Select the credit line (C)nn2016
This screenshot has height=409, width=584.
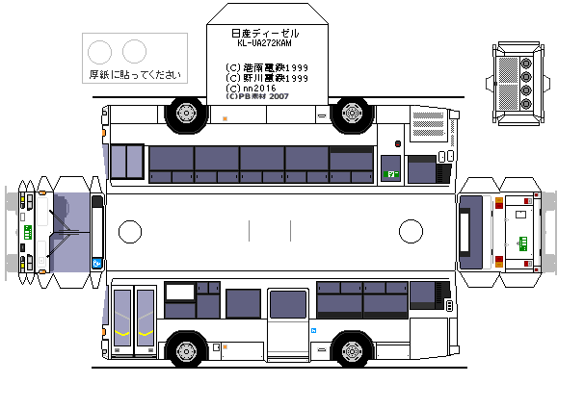(x=252, y=88)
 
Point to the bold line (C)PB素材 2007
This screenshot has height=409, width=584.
(x=257, y=97)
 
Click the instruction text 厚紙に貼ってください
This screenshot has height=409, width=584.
(x=133, y=74)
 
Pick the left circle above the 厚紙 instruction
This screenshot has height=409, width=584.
(x=99, y=50)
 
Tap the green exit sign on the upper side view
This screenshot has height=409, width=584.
(x=391, y=173)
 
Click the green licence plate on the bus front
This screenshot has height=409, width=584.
(x=28, y=232)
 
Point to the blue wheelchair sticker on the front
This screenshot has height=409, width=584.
(x=97, y=263)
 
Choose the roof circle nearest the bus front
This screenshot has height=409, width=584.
(x=129, y=231)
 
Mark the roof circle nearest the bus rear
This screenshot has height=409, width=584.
(x=411, y=231)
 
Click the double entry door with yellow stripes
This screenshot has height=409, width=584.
(x=134, y=320)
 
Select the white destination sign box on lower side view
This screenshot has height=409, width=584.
(x=179, y=291)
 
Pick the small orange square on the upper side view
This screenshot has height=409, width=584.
(x=225, y=118)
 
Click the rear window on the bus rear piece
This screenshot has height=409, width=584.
(x=471, y=232)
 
